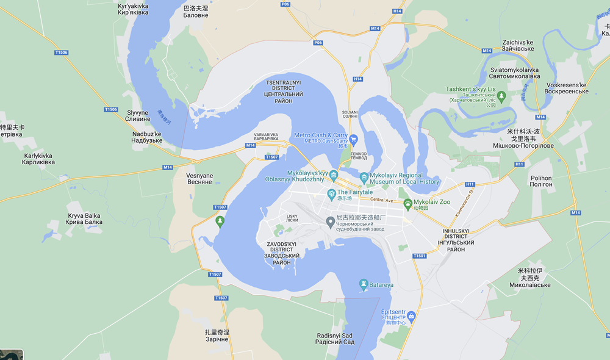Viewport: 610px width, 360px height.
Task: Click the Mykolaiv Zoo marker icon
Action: (407, 202)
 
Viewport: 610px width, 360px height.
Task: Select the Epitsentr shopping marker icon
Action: (411, 315)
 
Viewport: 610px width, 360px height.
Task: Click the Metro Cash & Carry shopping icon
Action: (353, 140)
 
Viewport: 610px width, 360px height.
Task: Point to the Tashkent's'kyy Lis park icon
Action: (501, 96)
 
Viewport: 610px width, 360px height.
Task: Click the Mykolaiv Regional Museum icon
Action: (364, 178)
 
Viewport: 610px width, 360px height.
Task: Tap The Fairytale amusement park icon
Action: (331, 193)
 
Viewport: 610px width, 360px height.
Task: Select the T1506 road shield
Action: (61, 53)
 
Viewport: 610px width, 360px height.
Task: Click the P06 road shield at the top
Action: (285, 4)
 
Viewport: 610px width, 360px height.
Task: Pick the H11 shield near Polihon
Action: (519, 164)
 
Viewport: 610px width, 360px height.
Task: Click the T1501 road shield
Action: (418, 256)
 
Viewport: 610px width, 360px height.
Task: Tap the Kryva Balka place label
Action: (84, 219)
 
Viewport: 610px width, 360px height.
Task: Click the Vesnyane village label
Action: (199, 179)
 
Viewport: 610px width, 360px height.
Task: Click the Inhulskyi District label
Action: (456, 240)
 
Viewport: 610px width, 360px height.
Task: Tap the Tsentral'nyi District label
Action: (283, 92)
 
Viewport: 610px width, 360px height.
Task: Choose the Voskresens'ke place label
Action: (567, 88)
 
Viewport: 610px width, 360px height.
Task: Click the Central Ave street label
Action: (382, 200)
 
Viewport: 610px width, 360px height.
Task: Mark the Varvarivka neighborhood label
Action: (266, 137)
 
